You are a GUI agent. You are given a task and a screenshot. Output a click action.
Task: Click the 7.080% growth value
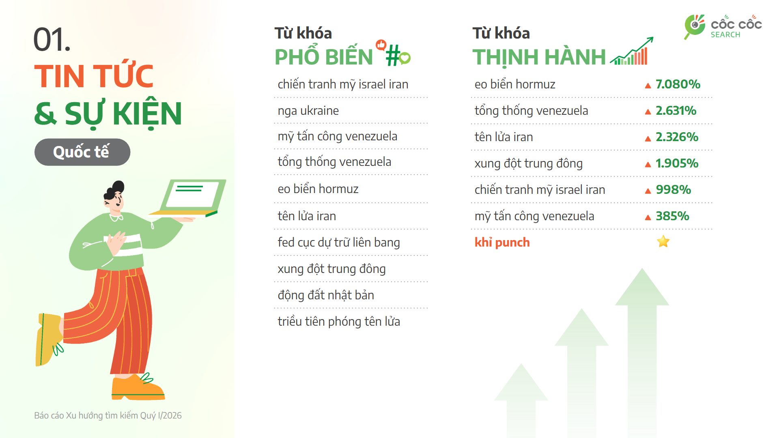[678, 84]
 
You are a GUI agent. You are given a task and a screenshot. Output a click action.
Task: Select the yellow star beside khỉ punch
[663, 242]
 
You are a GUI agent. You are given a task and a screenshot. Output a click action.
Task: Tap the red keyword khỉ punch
[502, 243]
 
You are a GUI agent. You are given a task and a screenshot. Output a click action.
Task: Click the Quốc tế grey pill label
[82, 152]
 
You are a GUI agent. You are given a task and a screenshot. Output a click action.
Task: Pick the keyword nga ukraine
[308, 111]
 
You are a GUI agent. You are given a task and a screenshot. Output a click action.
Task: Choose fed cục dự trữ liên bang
[338, 243]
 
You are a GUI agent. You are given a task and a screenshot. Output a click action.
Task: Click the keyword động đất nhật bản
[325, 295]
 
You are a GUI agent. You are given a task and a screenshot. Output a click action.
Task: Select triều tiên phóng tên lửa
[338, 322]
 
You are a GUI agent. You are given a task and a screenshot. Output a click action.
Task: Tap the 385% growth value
[672, 216]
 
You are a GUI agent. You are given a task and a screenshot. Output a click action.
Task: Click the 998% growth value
[673, 190]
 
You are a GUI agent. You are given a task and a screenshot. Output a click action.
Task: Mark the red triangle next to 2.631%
[648, 112]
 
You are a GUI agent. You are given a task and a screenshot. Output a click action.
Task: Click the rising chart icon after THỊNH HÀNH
[632, 53]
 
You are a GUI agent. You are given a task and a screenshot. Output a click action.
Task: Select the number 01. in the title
[52, 40]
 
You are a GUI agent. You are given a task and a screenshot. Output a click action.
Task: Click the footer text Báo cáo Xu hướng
[108, 415]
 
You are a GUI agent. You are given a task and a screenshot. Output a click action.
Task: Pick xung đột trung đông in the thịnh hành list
[528, 163]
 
